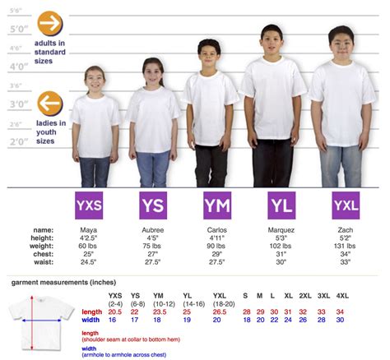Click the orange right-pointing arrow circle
click(x=50, y=23)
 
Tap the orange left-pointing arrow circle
click(x=50, y=104)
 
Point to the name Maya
click(x=89, y=229)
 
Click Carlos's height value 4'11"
click(x=217, y=238)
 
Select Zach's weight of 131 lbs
click(x=346, y=246)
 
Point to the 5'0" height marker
click(x=18, y=30)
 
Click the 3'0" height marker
click(x=18, y=104)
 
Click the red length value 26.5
click(x=220, y=312)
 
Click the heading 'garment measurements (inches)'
click(x=63, y=282)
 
